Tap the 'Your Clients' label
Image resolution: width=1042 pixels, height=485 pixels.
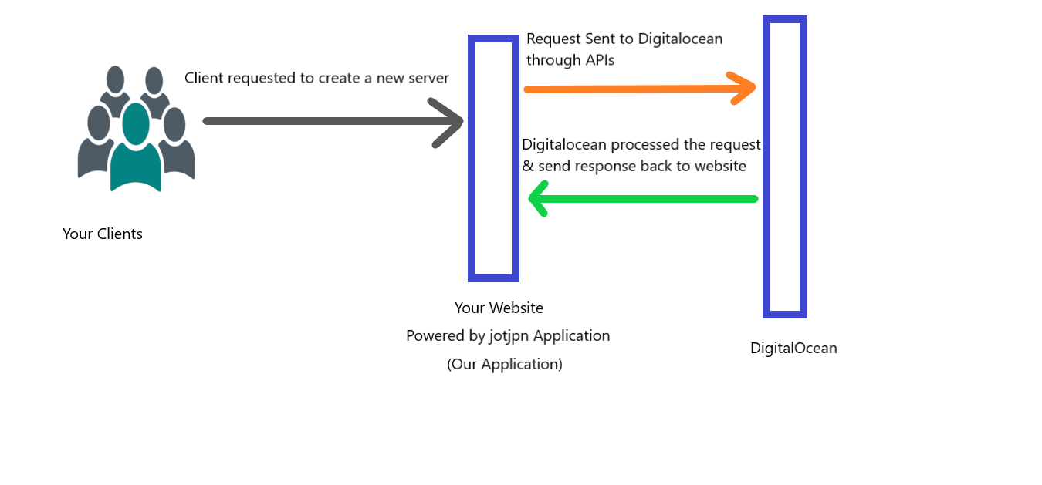tap(103, 234)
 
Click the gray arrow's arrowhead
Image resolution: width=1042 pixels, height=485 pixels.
tap(452, 122)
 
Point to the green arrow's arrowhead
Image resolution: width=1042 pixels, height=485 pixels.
tap(538, 199)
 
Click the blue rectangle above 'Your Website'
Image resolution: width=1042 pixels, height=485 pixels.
tap(493, 158)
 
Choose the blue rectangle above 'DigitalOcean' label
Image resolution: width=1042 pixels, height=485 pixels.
tap(785, 167)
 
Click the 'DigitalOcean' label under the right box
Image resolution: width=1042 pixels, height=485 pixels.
tap(793, 348)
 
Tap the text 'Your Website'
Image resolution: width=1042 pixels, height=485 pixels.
tap(499, 308)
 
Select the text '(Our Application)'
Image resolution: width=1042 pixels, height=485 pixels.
tap(505, 364)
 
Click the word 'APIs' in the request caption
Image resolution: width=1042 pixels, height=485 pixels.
tap(594, 59)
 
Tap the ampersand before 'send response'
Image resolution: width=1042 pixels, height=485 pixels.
tap(528, 167)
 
